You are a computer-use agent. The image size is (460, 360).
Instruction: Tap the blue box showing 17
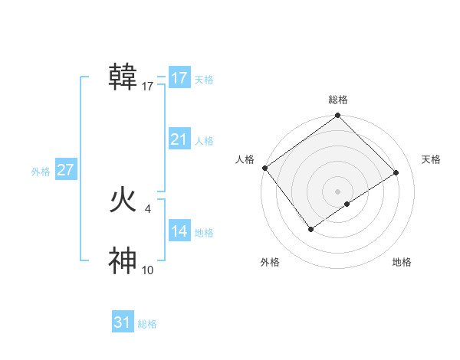[179, 78]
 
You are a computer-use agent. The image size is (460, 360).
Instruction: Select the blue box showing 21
[179, 139]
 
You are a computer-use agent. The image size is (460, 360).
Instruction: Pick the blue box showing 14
[179, 231]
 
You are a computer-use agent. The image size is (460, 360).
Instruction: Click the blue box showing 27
[65, 170]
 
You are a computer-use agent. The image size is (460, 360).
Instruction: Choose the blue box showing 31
[123, 322]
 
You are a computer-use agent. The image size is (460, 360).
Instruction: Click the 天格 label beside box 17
[204, 79]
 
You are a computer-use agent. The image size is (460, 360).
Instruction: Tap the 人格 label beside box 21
[204, 140]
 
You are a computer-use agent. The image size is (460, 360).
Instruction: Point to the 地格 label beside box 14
[204, 232]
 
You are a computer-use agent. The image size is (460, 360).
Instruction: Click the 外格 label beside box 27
[41, 172]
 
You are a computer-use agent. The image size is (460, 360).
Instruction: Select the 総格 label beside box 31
[147, 324]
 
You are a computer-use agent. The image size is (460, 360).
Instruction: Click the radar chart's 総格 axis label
[337, 100]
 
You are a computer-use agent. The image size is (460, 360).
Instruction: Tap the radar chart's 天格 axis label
[432, 159]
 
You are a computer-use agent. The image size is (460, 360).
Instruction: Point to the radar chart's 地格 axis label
[402, 262]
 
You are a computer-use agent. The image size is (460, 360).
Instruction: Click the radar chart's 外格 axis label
[270, 262]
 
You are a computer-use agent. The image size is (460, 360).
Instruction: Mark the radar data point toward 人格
[264, 168]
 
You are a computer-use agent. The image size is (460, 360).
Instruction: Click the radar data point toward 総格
[337, 116]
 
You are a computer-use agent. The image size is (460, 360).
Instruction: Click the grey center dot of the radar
[337, 191]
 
